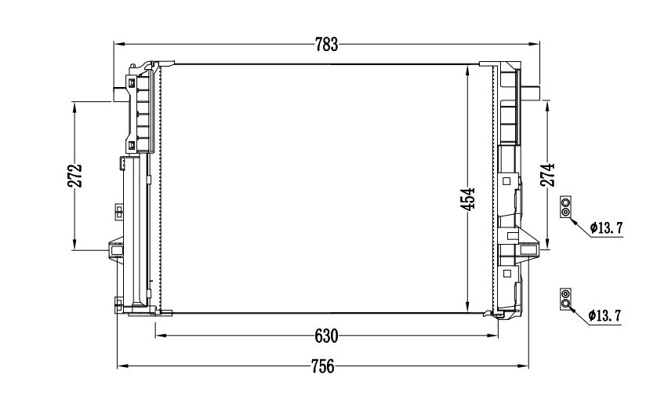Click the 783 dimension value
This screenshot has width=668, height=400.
[x=326, y=44]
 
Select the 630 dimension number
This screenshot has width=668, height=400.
[x=326, y=336]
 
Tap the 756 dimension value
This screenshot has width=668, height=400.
[x=322, y=366]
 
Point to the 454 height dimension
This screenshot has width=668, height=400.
[x=468, y=199]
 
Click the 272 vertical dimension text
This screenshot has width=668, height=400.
[x=74, y=176]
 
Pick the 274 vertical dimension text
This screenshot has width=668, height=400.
[x=548, y=175]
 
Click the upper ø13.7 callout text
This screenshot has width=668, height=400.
[x=606, y=228]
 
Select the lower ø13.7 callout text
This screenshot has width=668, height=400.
[x=605, y=315]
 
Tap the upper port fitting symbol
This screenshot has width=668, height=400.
[x=565, y=207]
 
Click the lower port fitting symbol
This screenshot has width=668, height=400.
[x=565, y=298]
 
